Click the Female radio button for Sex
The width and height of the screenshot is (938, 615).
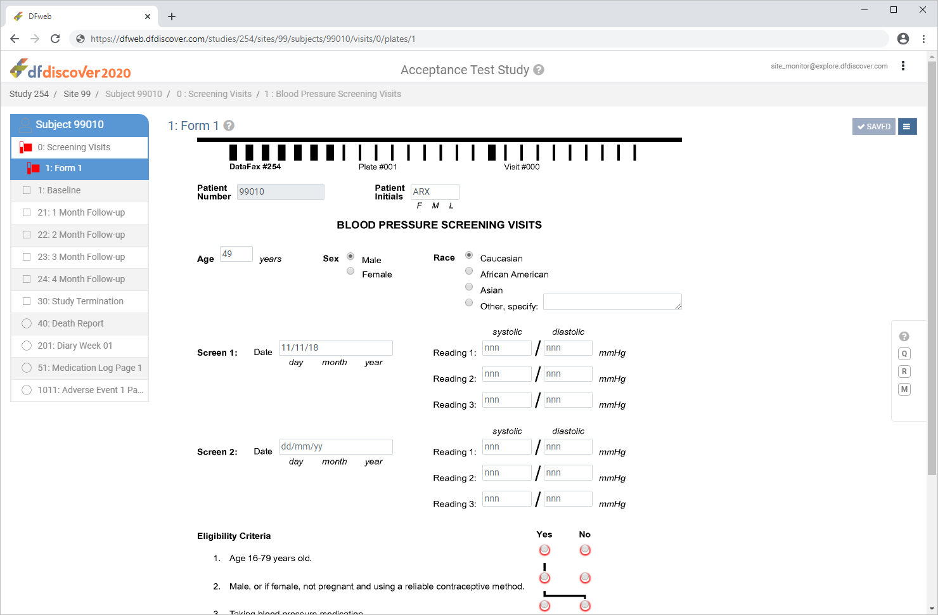[350, 271]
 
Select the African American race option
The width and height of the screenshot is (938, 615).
[469, 271]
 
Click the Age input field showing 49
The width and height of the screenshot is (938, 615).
[236, 254]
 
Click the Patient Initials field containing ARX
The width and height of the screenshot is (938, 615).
[435, 191]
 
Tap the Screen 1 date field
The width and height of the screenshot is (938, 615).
[336, 347]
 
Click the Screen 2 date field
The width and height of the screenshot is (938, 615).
[336, 446]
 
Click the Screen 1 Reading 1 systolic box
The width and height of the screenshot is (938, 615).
[506, 347]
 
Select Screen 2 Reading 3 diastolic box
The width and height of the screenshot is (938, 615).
[568, 498]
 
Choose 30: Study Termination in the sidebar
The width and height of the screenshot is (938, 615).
[80, 301]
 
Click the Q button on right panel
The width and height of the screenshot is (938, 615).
[904, 354]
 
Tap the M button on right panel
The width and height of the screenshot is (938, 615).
[904, 389]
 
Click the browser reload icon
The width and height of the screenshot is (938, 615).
[55, 39]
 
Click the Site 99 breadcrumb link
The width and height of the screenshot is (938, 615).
[77, 94]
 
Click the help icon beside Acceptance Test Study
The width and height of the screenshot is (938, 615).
[539, 70]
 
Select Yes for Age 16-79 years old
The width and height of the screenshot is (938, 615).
[544, 550]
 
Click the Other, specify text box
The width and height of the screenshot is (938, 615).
[612, 302]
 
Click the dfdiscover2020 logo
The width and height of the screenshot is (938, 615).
[70, 69]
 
